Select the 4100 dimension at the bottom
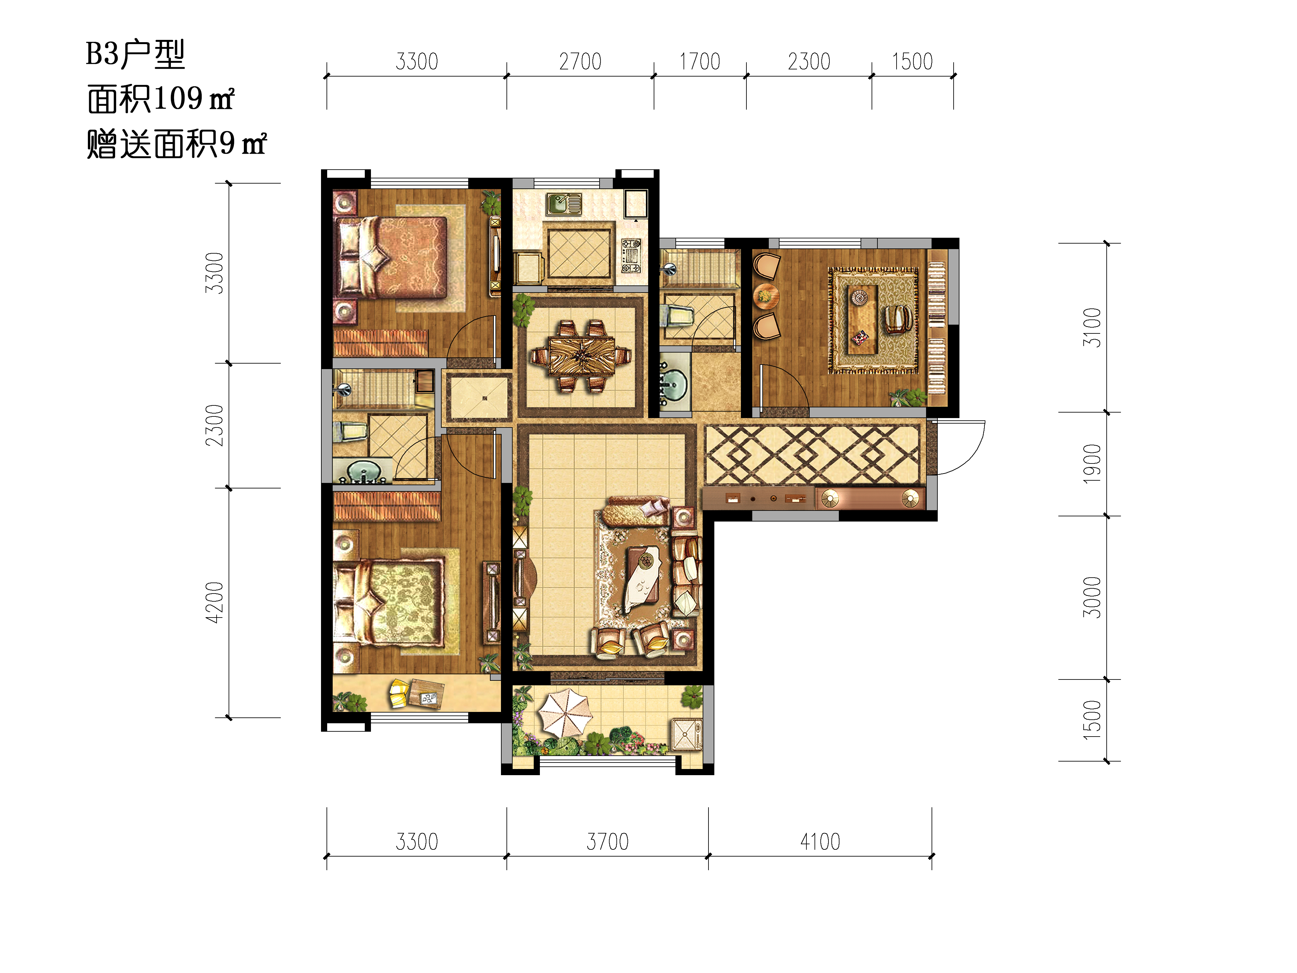pyautogui.click(x=820, y=842)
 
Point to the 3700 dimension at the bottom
pyautogui.click(x=607, y=842)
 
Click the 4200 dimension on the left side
pyautogui.click(x=215, y=602)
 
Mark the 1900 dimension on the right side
pyautogui.click(x=1092, y=464)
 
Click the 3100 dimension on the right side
pyautogui.click(x=1092, y=327)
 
